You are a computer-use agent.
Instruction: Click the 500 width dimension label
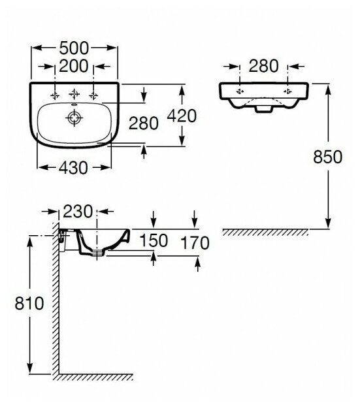coord(74,48)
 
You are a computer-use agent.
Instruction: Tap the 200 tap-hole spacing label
coord(74,67)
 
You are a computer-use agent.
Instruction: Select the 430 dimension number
coord(73,168)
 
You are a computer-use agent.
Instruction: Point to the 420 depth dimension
coord(182,116)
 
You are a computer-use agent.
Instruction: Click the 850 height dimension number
coord(328,157)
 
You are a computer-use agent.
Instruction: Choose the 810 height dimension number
coord(29,303)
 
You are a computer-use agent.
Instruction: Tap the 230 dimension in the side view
coord(78,212)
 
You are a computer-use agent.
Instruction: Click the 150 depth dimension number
coord(154,240)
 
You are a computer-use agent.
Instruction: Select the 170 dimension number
coord(195,243)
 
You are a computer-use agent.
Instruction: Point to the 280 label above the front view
coord(263,66)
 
